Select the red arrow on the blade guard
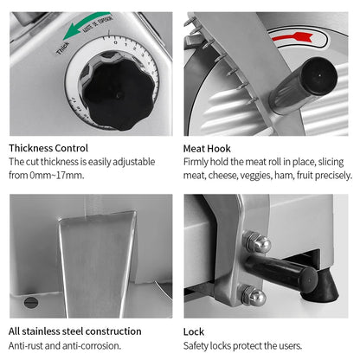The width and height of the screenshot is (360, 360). [290, 37]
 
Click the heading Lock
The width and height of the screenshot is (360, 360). [195, 331]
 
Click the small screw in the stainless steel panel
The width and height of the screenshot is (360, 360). [30, 301]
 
